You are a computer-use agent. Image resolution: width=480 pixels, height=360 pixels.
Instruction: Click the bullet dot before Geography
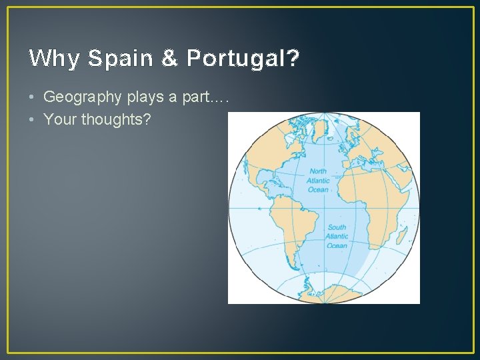[x=33, y=97]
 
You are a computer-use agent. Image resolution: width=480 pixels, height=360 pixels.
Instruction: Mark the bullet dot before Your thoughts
[x=33, y=120]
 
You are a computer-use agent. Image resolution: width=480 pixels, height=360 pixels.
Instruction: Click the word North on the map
[x=318, y=171]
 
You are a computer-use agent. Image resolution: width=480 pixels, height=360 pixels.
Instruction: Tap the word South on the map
[x=337, y=227]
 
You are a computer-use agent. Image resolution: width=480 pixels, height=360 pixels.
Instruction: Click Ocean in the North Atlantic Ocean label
[x=318, y=190]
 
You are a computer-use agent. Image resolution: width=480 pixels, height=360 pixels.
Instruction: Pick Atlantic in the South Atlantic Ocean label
[x=337, y=237]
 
